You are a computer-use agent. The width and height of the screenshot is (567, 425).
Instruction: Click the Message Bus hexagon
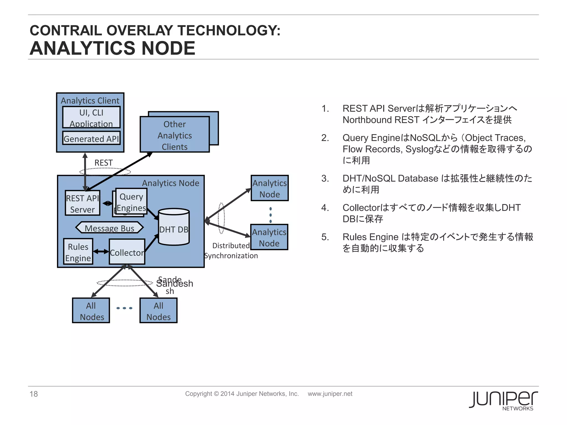click(x=110, y=228)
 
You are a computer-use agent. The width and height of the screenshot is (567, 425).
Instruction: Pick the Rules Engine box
click(x=78, y=252)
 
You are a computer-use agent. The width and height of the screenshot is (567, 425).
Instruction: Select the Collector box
click(x=127, y=252)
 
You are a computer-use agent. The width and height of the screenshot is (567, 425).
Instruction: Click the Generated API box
click(x=91, y=138)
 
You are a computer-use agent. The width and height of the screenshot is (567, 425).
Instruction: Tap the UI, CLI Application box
click(x=91, y=118)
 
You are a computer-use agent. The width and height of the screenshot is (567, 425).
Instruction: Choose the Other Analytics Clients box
click(x=175, y=135)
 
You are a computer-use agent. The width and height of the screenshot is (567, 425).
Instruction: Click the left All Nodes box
click(x=91, y=311)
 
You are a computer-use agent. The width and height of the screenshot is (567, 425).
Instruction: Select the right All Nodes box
click(x=159, y=311)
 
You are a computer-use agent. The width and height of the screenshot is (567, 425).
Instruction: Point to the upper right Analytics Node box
click(x=270, y=188)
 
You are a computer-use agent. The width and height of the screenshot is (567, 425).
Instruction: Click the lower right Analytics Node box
click(x=269, y=237)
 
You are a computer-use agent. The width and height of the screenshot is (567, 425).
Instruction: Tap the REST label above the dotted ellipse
click(x=104, y=163)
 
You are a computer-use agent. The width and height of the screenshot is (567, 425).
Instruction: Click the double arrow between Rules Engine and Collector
click(x=101, y=252)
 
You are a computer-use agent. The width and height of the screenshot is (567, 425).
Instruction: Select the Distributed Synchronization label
click(x=231, y=251)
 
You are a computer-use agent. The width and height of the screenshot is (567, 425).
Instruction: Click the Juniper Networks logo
click(x=503, y=400)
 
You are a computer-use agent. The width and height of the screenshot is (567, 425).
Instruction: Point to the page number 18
click(x=34, y=394)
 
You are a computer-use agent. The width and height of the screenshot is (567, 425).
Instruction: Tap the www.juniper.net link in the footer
click(x=330, y=394)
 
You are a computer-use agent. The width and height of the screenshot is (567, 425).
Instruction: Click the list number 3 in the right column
click(x=325, y=178)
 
